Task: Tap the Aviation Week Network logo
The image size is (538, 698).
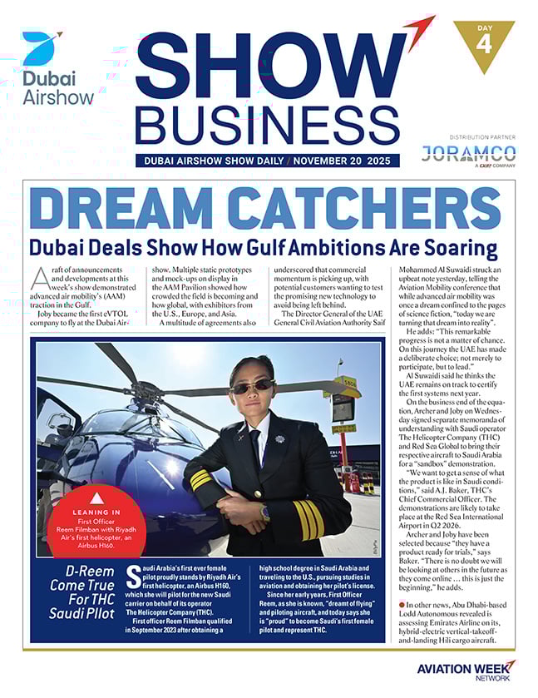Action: coord(466,671)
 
